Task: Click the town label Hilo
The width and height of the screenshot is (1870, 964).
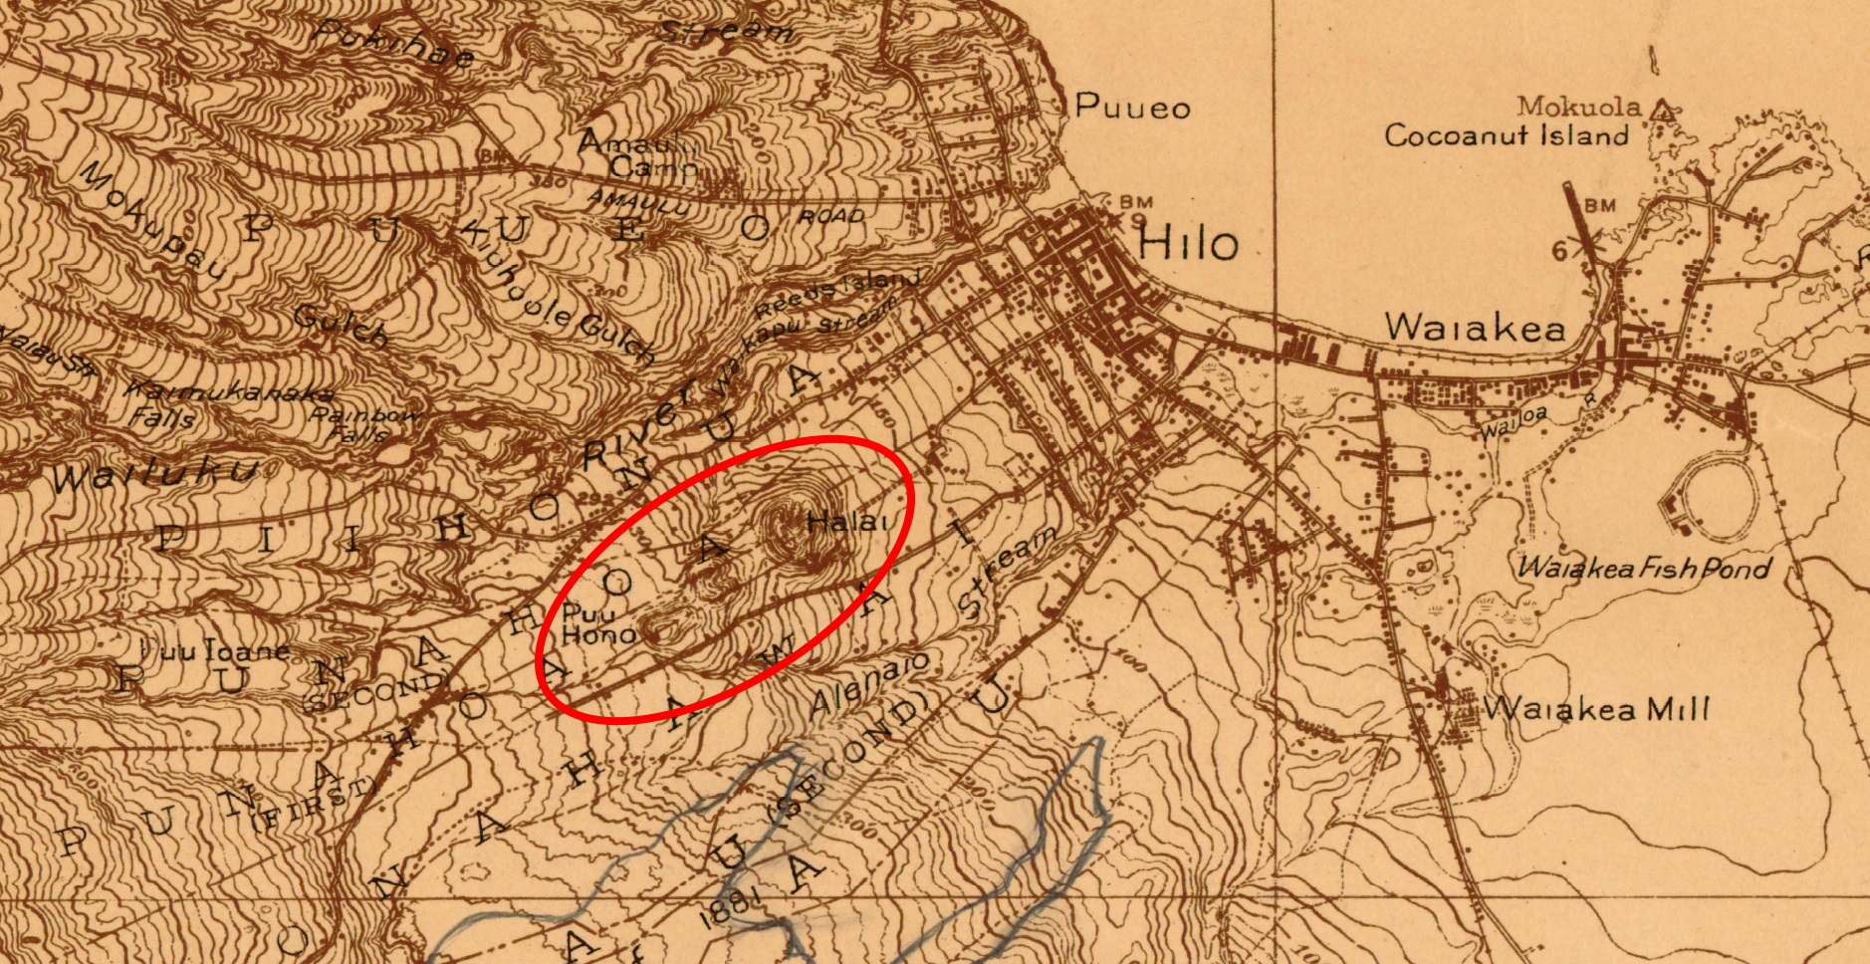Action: click(x=1188, y=243)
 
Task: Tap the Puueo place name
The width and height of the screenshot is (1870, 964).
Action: click(x=1132, y=106)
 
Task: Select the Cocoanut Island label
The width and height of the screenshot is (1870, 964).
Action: click(x=1506, y=135)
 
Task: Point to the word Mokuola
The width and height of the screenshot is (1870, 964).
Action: click(x=1578, y=106)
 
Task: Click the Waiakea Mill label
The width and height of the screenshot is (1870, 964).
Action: click(x=1595, y=709)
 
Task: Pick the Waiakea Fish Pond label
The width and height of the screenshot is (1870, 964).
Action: click(x=1644, y=569)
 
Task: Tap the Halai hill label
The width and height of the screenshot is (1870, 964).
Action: click(x=847, y=521)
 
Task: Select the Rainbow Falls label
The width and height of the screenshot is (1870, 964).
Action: click(x=359, y=423)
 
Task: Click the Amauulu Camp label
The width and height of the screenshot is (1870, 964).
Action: click(x=637, y=154)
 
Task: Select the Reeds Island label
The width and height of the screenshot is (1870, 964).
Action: click(x=836, y=293)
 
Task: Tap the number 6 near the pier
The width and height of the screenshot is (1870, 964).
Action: click(x=1559, y=250)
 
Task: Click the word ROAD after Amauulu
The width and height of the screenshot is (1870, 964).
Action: click(x=830, y=216)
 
